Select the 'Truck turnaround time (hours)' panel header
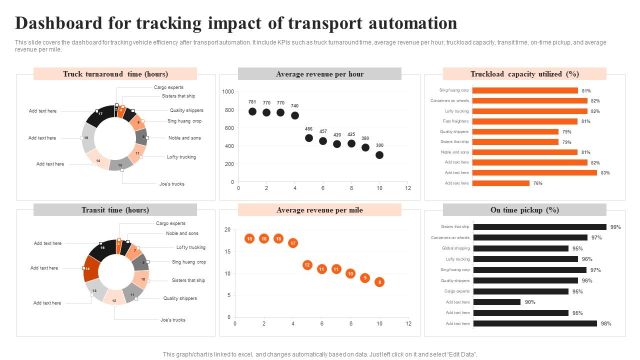pyautogui.click(x=115, y=74)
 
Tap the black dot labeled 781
pyautogui.click(x=252, y=111)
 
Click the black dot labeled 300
pyautogui.click(x=379, y=155)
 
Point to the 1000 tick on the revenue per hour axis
pyautogui.click(x=228, y=92)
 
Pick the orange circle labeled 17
pyautogui.click(x=293, y=243)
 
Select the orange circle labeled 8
pyautogui.click(x=379, y=282)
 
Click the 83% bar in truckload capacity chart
pyautogui.click(x=534, y=172)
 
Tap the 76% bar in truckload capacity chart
pyautogui.click(x=500, y=183)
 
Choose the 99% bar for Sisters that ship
pyautogui.click(x=539, y=227)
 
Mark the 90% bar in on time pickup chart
pyautogui.click(x=497, y=302)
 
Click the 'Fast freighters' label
pyautogui.click(x=455, y=121)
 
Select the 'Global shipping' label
pyautogui.click(x=455, y=248)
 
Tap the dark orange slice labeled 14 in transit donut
pyautogui.click(x=90, y=268)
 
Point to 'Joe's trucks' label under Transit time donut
pyautogui.click(x=172, y=320)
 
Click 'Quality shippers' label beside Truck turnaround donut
pyautogui.click(x=186, y=110)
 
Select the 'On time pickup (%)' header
pyautogui.click(x=524, y=210)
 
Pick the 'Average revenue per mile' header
pyautogui.click(x=319, y=210)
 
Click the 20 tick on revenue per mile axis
pyautogui.click(x=227, y=230)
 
